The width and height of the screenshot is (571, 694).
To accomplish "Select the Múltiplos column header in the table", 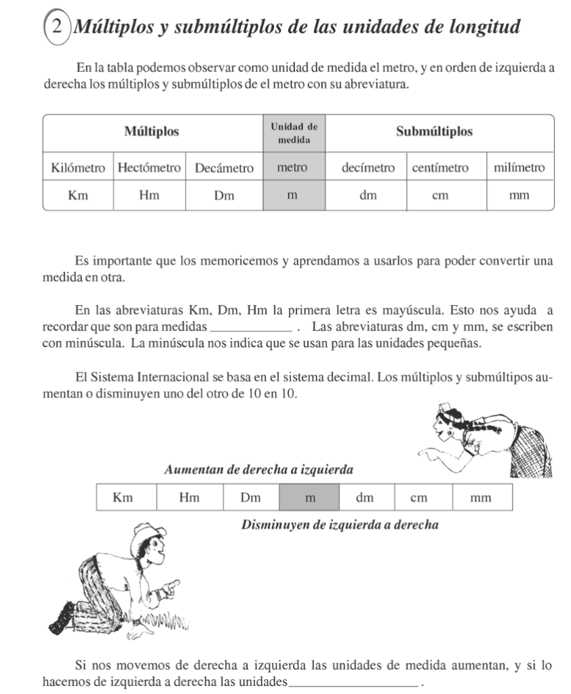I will pos(153,131).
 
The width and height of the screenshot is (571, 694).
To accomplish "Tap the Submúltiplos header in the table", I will pos(434,131).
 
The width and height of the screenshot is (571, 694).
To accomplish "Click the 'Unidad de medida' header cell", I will pos(294,134).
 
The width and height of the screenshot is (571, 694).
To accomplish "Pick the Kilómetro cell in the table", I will pos(78,167).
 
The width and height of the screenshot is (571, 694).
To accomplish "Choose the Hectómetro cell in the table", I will pos(149,167).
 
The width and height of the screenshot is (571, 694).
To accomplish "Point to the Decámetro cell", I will pos(224,167).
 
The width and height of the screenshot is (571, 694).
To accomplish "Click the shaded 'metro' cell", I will pos(292,167).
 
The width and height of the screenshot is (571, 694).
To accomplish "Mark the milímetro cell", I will pos(519,167).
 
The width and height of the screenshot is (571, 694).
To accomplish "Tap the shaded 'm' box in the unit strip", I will pos(309,497).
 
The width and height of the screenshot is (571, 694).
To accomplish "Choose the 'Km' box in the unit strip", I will pos(123,497).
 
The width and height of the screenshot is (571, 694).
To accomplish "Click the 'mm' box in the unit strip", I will pos(480,497).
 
